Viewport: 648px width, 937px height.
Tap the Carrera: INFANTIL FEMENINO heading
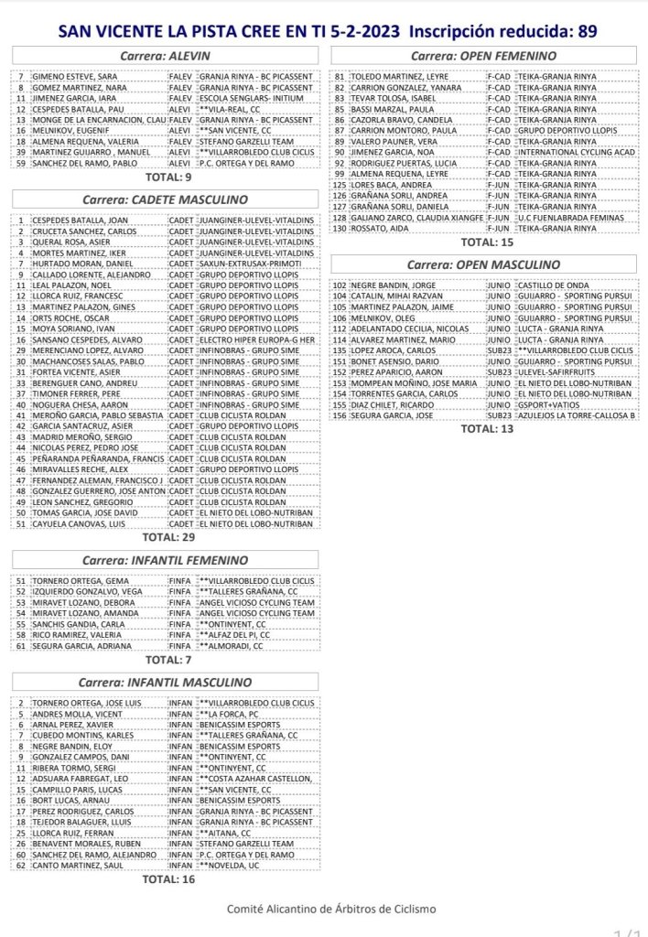point(164,560)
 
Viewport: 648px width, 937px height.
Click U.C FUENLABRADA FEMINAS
point(573,217)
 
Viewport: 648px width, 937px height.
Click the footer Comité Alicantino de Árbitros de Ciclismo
point(331,909)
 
